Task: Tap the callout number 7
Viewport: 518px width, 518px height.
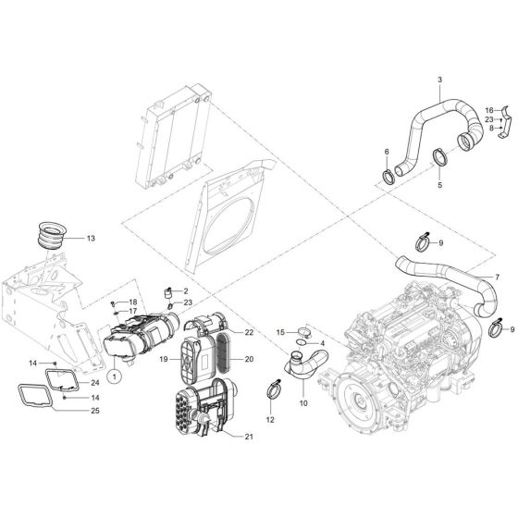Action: point(497,277)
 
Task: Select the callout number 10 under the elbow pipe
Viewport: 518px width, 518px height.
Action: point(302,403)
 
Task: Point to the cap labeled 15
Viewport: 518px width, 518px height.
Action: point(302,332)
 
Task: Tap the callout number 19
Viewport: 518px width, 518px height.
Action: point(163,357)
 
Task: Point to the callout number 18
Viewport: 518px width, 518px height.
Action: point(133,302)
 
